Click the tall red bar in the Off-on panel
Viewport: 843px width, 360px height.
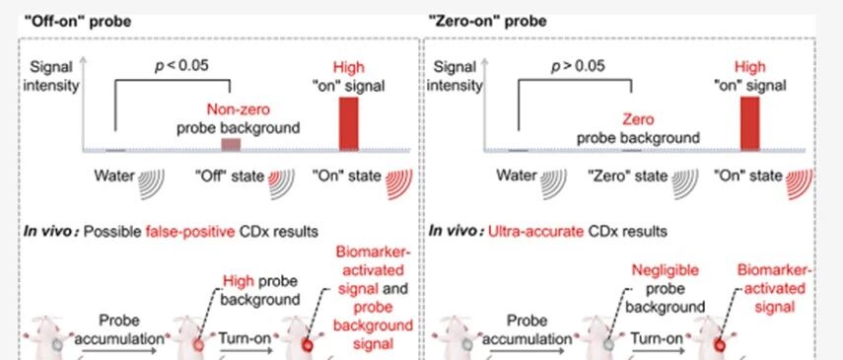348,123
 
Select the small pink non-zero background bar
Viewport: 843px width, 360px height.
231,144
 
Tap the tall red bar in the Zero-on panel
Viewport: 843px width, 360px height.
750,123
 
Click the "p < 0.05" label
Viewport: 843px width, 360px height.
181,66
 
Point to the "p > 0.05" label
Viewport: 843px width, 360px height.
578,66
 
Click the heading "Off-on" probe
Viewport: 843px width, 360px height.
78,22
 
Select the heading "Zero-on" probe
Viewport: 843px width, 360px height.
488,22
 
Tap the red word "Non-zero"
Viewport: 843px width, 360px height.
239,109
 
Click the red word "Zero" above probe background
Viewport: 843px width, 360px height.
638,119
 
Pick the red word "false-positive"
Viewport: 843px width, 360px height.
190,232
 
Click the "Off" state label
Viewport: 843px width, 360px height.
230,176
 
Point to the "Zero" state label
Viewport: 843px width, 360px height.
627,176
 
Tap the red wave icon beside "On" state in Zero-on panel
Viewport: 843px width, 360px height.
800,183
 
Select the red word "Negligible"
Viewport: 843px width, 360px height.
666,269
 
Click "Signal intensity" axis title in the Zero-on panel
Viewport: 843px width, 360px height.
455,76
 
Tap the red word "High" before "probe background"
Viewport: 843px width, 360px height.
239,281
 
